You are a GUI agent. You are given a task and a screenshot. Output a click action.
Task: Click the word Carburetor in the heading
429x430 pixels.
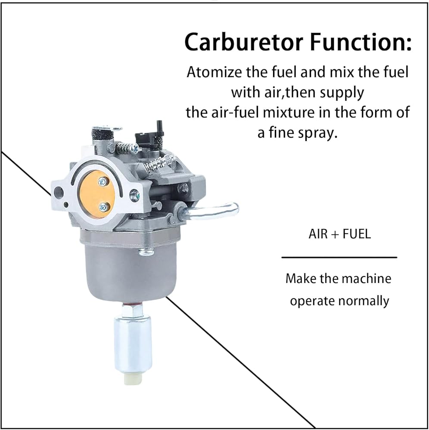244,42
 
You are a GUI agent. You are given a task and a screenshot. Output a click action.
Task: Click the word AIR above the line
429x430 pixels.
318,234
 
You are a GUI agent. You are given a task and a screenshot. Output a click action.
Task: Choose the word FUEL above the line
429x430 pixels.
357,234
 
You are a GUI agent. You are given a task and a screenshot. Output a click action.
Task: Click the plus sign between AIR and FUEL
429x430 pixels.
335,235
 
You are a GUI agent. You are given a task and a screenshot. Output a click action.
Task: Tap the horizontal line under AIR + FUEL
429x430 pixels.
339,258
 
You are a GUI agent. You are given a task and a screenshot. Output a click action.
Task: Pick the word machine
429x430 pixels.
367,279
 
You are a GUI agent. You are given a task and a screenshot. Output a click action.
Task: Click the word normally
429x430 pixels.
364,301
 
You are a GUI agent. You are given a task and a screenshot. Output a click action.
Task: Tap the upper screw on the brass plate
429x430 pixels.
103,181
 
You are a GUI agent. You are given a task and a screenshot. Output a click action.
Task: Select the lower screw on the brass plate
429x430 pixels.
103,207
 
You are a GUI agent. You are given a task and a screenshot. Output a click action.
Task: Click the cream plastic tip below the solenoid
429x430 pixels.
133,378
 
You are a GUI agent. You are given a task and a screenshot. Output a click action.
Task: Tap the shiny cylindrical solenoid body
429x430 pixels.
133,344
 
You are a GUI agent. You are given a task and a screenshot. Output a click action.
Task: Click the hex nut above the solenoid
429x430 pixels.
132,311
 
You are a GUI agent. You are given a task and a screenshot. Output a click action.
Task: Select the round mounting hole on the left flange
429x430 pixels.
59,192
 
